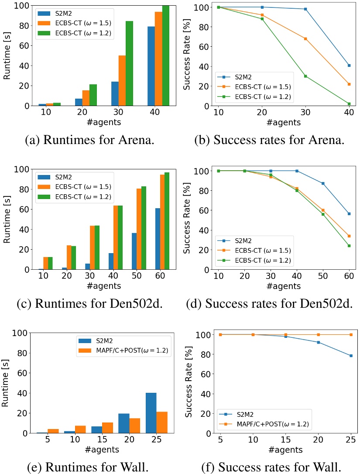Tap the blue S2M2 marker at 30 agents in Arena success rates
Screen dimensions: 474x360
pos(305,9)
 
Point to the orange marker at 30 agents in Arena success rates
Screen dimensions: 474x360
pos(305,39)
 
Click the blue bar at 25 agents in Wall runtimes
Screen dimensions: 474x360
pos(151,413)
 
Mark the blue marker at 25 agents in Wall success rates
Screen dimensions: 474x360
pos(349,356)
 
